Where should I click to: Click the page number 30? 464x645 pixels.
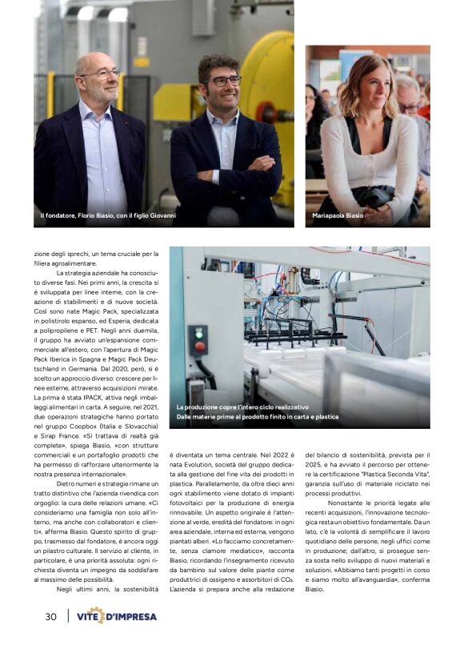[x=50, y=617]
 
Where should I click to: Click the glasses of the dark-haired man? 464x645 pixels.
[x=225, y=81]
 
